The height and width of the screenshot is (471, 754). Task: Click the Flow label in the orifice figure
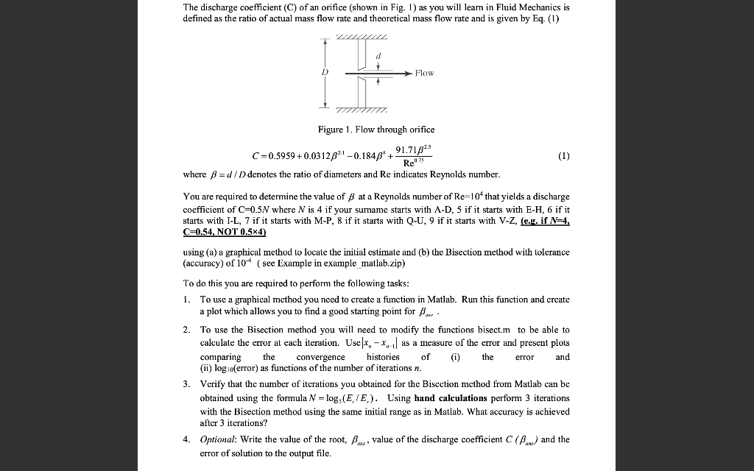point(424,73)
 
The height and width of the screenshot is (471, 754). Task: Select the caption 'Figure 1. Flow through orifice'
point(376,130)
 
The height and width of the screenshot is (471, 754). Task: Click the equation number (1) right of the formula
point(564,155)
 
